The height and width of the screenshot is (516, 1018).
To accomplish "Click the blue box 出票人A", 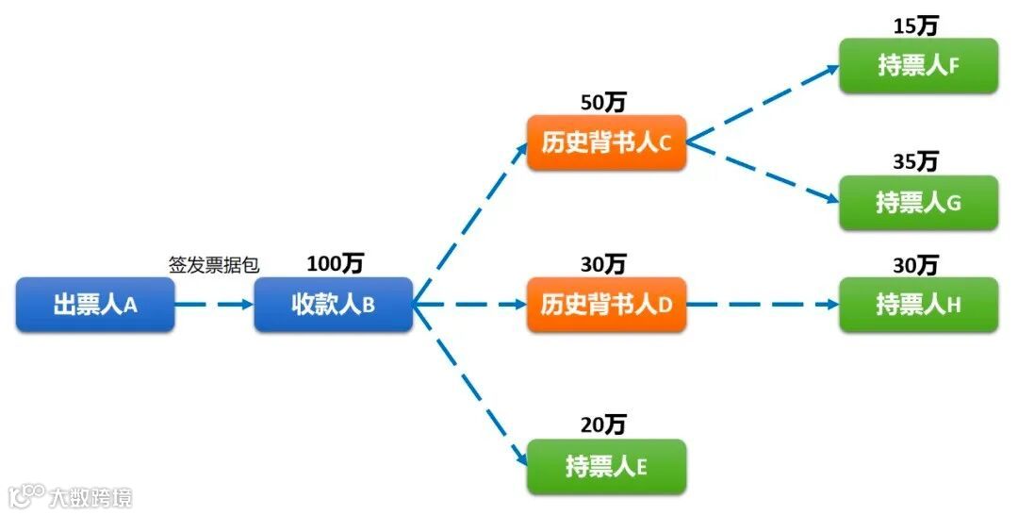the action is click(x=95, y=305).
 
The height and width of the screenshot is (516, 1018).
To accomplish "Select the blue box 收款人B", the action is click(x=333, y=305).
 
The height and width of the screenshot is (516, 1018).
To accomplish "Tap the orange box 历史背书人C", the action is click(x=606, y=142).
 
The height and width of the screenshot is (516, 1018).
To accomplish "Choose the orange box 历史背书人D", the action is click(x=606, y=305).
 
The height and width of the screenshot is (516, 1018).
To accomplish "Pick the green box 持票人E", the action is click(x=606, y=466).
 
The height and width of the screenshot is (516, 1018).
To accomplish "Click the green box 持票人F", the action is click(x=918, y=65).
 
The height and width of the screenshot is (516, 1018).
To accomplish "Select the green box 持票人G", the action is click(x=918, y=202).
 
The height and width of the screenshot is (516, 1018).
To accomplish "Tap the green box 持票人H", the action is click(x=918, y=305).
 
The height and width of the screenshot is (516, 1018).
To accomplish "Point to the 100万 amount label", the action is click(x=335, y=264).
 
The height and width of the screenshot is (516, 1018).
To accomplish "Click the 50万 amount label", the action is click(x=603, y=102).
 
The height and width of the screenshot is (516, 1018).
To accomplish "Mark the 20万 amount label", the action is click(x=603, y=425).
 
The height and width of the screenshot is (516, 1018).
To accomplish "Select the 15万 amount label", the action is click(x=915, y=25).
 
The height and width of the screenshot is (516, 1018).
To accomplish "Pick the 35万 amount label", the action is click(x=915, y=161).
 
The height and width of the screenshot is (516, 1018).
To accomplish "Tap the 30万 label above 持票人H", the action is click(x=915, y=265).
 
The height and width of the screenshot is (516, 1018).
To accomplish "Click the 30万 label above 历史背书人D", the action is click(x=603, y=264).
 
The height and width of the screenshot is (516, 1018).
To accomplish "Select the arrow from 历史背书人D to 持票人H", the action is click(x=763, y=305).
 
